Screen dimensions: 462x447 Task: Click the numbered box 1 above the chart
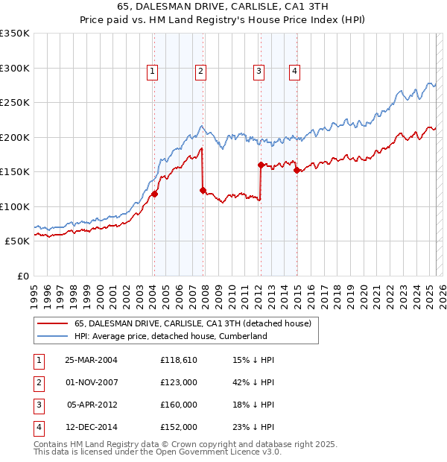[153, 72]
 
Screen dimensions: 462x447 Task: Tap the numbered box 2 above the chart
[201, 72]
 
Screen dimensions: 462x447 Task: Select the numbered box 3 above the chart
[259, 72]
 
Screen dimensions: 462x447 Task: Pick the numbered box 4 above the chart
[295, 72]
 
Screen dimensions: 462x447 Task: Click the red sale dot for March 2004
[155, 194]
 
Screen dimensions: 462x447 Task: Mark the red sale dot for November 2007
[203, 190]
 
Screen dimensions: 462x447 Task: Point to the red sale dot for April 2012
[261, 165]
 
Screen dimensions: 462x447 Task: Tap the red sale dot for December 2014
[297, 171]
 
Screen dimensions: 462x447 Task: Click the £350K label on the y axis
[15, 34]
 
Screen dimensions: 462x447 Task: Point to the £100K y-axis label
[15, 206]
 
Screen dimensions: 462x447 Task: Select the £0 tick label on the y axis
[22, 276]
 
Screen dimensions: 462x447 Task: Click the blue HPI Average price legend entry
[171, 336]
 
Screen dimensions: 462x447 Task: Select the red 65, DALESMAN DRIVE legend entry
[197, 323]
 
